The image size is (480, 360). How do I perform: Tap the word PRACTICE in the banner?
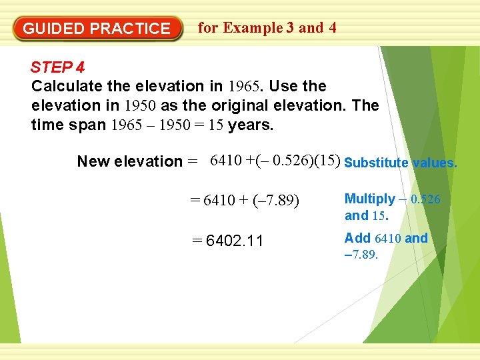(130, 29)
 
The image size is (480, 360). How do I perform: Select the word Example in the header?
(253, 28)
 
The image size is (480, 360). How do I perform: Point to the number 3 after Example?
(290, 28)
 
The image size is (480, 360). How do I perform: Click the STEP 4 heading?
(57, 67)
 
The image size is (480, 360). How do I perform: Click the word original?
(238, 105)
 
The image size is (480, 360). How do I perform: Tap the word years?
(251, 125)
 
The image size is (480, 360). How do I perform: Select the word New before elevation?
(93, 161)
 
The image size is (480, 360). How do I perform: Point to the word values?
(435, 163)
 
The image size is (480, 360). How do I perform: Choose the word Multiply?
(369, 199)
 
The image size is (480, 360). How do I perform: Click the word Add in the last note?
(357, 238)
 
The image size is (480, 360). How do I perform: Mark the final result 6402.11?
(235, 241)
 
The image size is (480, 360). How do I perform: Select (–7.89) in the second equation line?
(273, 201)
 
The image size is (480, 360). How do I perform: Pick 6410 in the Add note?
(388, 238)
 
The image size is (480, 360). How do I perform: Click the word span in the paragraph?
(89, 125)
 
